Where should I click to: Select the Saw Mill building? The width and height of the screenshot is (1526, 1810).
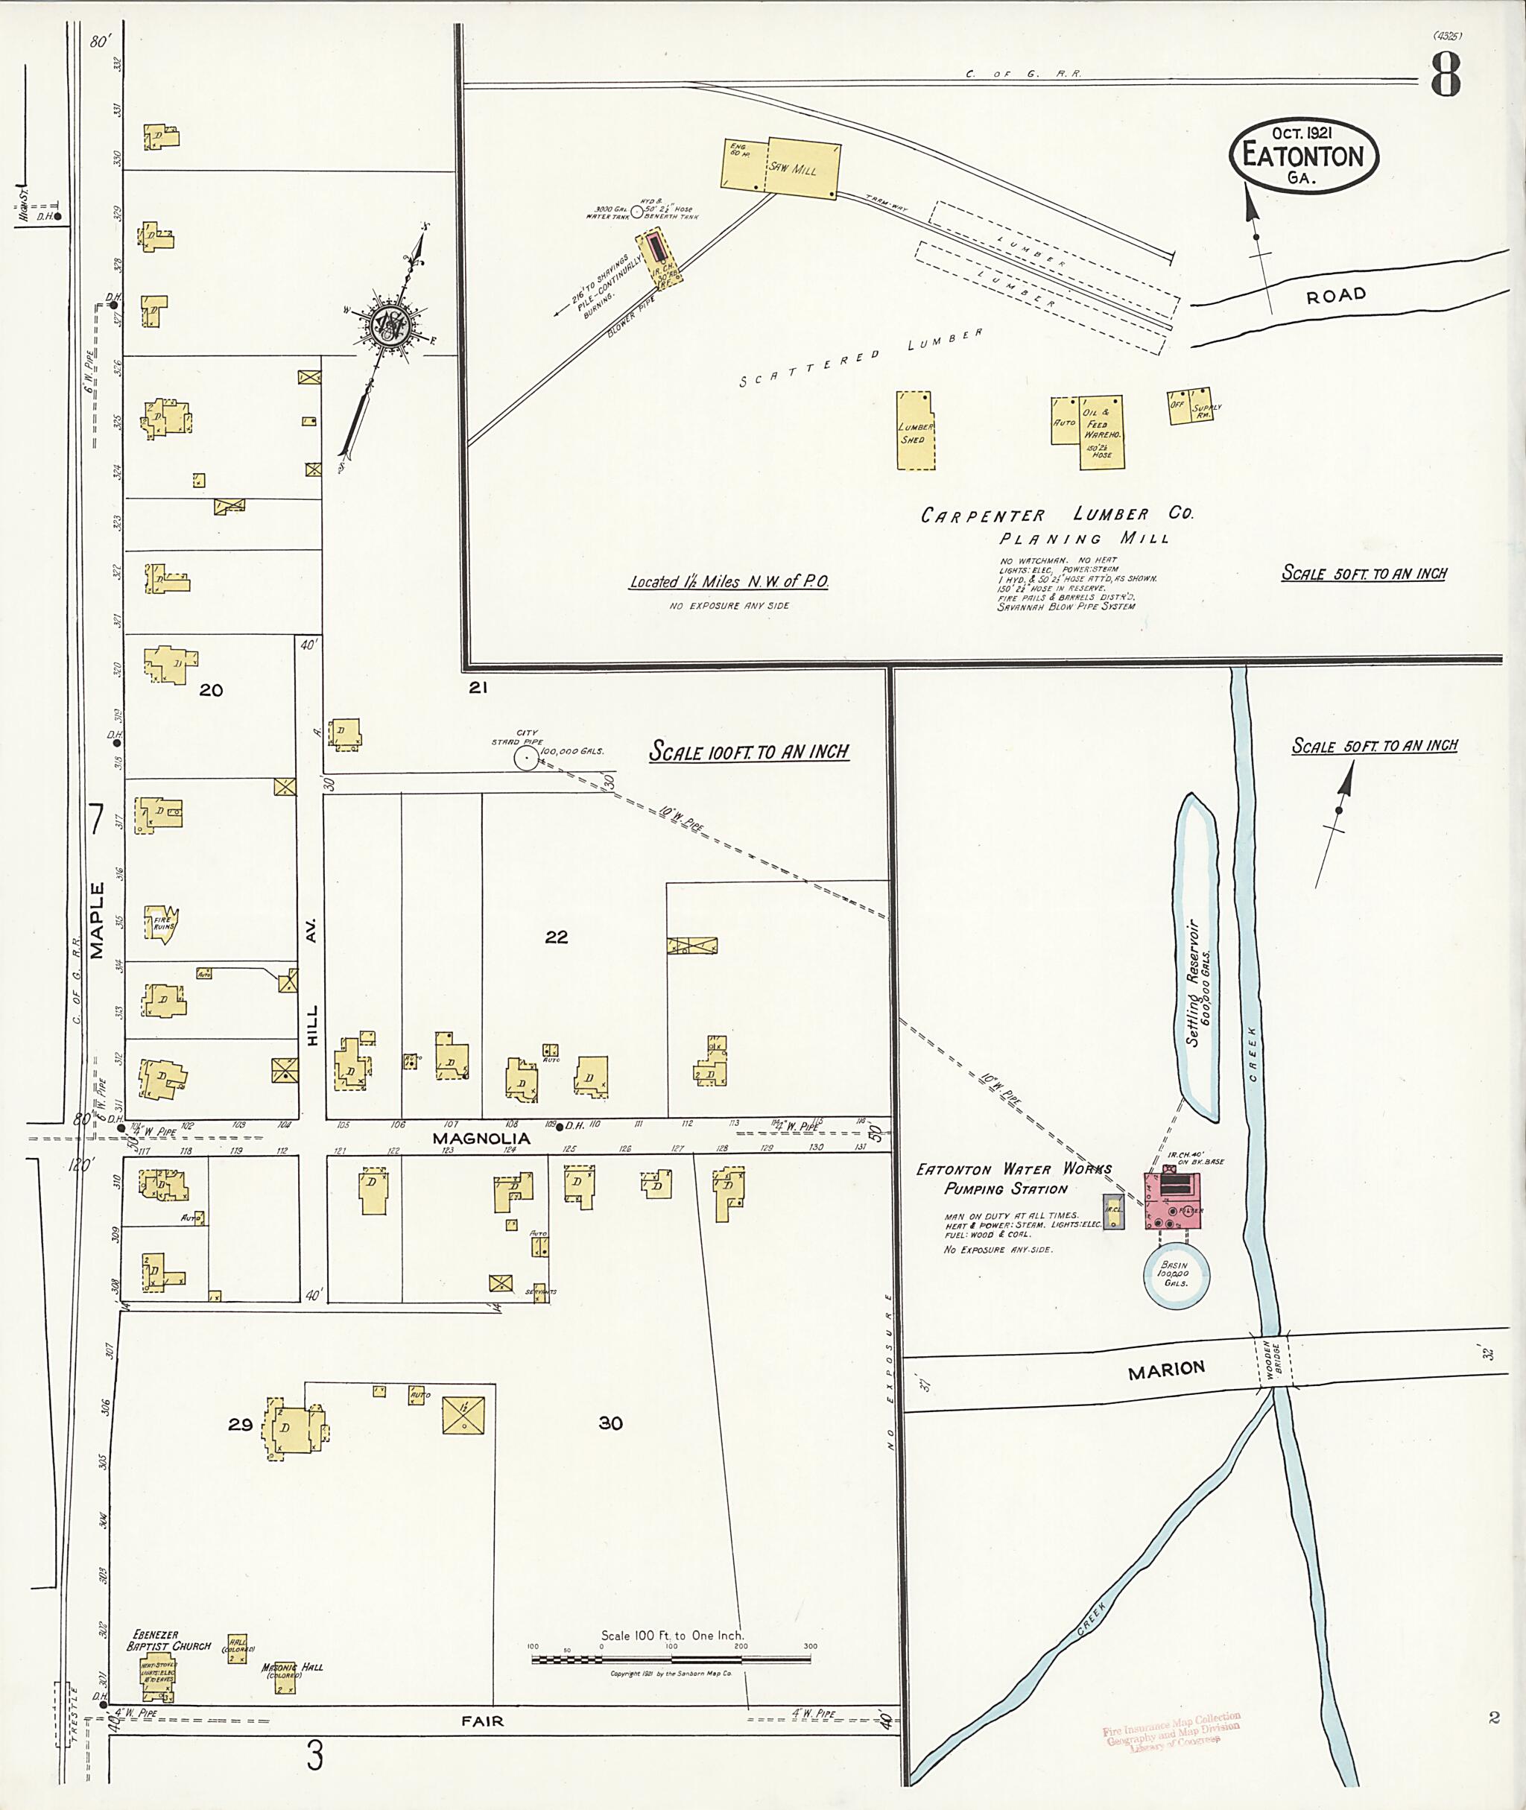pos(802,168)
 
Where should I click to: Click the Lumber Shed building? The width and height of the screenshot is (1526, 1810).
pos(915,431)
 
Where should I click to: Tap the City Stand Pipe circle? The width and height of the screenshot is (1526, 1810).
pos(525,758)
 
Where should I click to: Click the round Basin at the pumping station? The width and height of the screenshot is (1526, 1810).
pos(1175,1273)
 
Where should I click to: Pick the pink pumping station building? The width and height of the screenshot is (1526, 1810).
pos(1174,1200)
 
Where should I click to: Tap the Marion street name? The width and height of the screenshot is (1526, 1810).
pos(1166,1369)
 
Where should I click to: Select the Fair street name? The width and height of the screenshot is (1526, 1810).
pos(482,1721)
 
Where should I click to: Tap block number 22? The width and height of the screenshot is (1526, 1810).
pos(557,936)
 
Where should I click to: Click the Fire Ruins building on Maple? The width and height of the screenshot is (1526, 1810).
pos(163,925)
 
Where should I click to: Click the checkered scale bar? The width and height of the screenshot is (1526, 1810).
pos(671,1659)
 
